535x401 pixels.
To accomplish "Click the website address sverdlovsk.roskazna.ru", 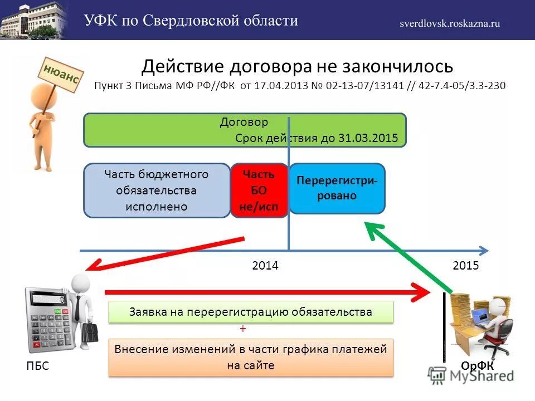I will click(449, 23).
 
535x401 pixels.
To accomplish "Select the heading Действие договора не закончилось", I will click(296, 66).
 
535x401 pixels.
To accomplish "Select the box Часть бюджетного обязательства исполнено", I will click(156, 190).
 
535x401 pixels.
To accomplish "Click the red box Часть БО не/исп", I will click(259, 190).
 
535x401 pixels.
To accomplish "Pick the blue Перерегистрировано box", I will click(337, 188).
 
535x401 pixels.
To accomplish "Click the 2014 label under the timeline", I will click(265, 266).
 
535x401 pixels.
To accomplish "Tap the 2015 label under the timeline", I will click(466, 266).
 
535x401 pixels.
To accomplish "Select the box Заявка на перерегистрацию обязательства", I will click(250, 312).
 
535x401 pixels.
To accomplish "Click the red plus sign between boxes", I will click(243, 329).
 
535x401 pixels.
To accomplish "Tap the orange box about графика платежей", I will click(250, 357).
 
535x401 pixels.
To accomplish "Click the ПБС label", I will click(37, 366).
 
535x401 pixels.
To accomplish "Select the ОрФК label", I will click(477, 365).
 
